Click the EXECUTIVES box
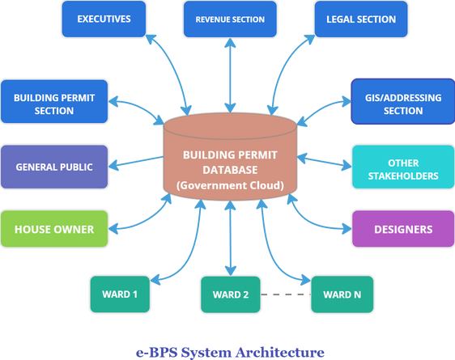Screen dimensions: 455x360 tap(104, 19)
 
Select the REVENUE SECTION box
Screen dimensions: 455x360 tap(230, 19)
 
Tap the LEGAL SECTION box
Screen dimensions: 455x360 tap(361, 19)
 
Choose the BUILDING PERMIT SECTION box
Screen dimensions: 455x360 tap(54, 101)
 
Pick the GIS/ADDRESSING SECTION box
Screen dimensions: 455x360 tap(403, 101)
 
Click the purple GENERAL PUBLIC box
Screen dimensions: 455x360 tap(54, 167)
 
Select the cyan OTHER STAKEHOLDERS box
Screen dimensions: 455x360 tap(403, 167)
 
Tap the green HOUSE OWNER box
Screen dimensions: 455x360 tap(54, 229)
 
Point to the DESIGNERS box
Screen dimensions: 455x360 tap(403, 229)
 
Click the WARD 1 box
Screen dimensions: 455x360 tap(120, 294)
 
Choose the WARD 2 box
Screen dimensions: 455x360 tap(231, 294)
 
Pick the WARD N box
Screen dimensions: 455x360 tap(342, 294)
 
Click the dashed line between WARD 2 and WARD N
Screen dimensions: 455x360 tap(286, 294)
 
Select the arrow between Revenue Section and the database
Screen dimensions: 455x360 tap(230, 75)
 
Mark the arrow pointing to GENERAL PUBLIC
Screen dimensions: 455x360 tap(136, 163)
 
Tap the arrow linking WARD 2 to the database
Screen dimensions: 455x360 tap(231, 238)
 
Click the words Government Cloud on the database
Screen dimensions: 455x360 tap(230, 185)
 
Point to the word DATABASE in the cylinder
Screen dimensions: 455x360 tap(230, 170)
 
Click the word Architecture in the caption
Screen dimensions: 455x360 tap(280, 353)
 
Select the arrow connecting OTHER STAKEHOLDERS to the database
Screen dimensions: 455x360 tap(325, 163)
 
